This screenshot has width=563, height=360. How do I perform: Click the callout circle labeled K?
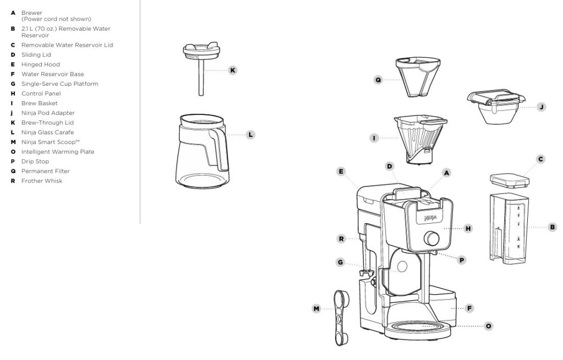pyautogui.click(x=233, y=70)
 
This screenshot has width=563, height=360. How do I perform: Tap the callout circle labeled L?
pyautogui.click(x=250, y=135)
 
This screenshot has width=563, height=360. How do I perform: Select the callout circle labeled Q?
pyautogui.click(x=378, y=80)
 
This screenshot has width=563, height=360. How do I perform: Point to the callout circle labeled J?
pyautogui.click(x=541, y=107)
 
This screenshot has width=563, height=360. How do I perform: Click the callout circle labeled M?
pyautogui.click(x=316, y=309)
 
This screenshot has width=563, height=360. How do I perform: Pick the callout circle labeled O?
pyautogui.click(x=488, y=326)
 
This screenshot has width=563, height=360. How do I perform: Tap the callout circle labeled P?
pyautogui.click(x=462, y=260)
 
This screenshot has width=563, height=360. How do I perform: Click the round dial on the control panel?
pyautogui.click(x=431, y=238)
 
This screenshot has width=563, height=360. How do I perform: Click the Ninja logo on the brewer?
pyautogui.click(x=430, y=218)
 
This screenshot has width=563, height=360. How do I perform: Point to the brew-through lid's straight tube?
pyautogui.click(x=201, y=77)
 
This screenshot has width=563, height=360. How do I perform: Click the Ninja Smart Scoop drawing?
pyautogui.click(x=340, y=318)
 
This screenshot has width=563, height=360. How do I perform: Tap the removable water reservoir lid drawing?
pyautogui.click(x=510, y=180)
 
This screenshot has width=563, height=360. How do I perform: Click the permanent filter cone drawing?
pyautogui.click(x=418, y=77)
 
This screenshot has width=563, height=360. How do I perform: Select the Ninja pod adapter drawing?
pyautogui.click(x=496, y=107)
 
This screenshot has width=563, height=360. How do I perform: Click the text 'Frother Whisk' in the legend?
pyautogui.click(x=42, y=181)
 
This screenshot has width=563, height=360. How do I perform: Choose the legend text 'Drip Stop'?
pyautogui.click(x=35, y=162)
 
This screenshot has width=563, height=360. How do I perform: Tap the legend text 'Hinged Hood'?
pyautogui.click(x=41, y=65)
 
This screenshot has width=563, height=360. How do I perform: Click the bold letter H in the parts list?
pyautogui.click(x=13, y=93)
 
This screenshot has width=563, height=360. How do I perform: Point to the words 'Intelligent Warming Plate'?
pyautogui.click(x=58, y=152)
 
